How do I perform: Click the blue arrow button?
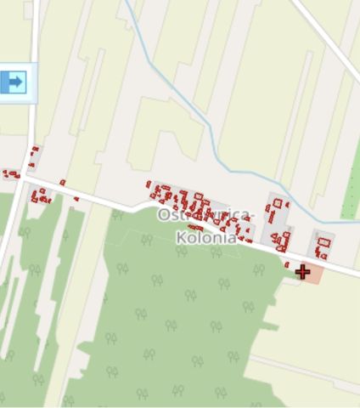point(14,82)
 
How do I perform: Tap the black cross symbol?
point(303,272)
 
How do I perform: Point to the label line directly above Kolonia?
point(205,218)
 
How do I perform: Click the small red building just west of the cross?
point(287,264)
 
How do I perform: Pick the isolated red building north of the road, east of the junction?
point(62,182)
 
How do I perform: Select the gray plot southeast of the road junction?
point(39,194)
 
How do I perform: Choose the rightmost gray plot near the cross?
point(322,244)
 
